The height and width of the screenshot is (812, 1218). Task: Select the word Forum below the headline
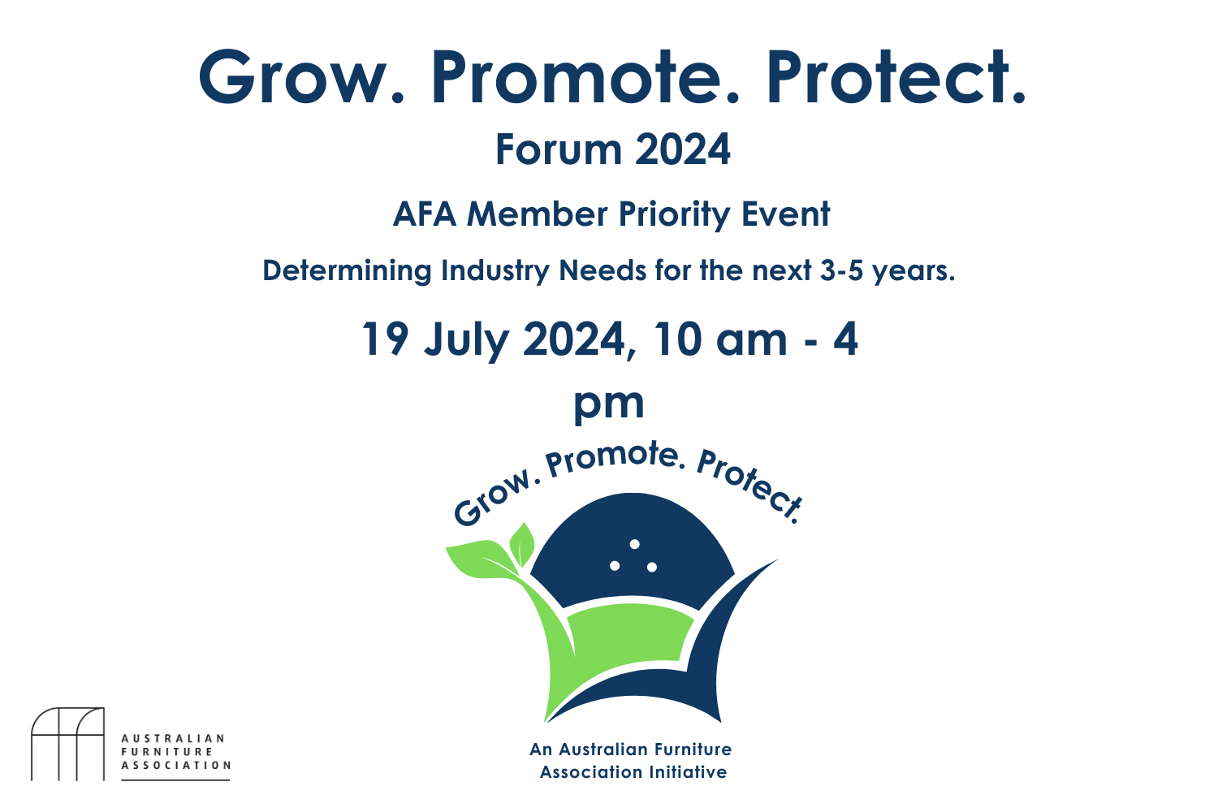pos(558,150)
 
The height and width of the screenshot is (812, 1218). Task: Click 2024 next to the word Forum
pos(683,150)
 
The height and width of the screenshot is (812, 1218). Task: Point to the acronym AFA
pos(425,214)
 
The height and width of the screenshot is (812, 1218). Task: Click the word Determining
pos(347,270)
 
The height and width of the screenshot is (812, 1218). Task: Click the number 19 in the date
pos(385,339)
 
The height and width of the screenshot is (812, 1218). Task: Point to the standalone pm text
pos(609,404)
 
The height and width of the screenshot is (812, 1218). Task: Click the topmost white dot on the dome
pos(635,544)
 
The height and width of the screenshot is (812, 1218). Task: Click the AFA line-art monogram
pos(67,744)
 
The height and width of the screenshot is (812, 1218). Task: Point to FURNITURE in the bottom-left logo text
pos(166,752)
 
